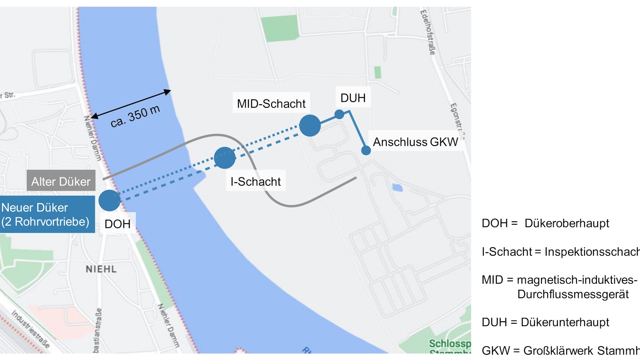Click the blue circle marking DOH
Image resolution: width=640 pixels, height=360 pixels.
110,200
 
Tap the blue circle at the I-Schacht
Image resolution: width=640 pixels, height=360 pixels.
225,157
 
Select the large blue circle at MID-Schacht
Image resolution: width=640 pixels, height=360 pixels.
310,125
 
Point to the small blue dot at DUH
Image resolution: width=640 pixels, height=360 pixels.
339,114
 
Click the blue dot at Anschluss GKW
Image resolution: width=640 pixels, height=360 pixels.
366,151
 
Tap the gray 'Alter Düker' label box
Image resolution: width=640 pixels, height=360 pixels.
61,181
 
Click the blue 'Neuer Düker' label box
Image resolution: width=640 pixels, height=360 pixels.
47,214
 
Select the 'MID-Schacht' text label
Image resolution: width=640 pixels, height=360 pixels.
271,104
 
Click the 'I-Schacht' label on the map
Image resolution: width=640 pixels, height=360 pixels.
256,181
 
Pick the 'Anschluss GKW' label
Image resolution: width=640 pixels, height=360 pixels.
415,142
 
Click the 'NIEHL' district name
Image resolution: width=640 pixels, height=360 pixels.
101,269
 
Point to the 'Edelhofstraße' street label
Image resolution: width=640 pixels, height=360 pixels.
428,32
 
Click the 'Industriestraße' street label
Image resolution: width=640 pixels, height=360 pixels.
31,329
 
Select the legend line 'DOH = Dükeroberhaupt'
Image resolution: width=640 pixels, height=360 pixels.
545,223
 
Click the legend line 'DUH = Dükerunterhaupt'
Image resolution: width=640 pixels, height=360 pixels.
545,322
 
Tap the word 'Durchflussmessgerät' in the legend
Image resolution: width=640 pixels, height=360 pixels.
573,294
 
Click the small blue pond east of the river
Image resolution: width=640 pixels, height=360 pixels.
397,187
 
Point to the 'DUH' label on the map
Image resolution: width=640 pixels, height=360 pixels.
353,98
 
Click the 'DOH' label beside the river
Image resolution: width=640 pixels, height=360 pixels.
118,224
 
